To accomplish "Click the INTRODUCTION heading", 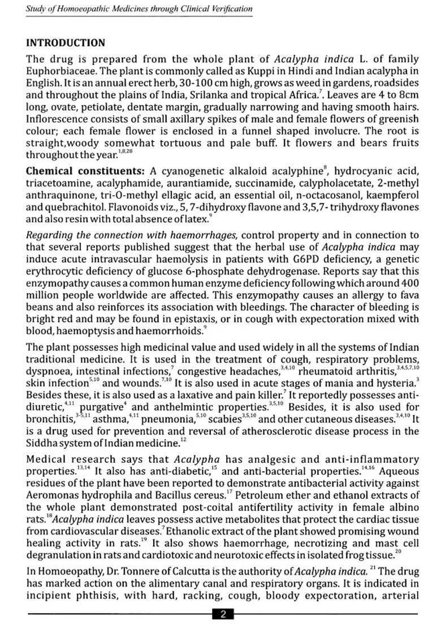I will click(66, 43).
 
